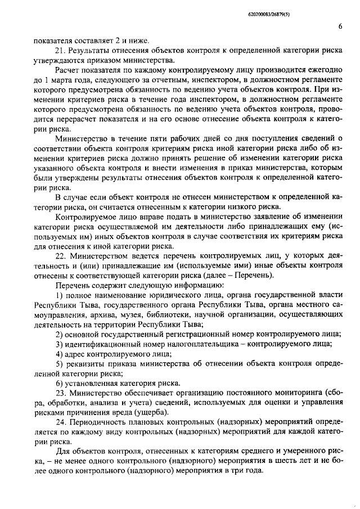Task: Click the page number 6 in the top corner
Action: point(341,26)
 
